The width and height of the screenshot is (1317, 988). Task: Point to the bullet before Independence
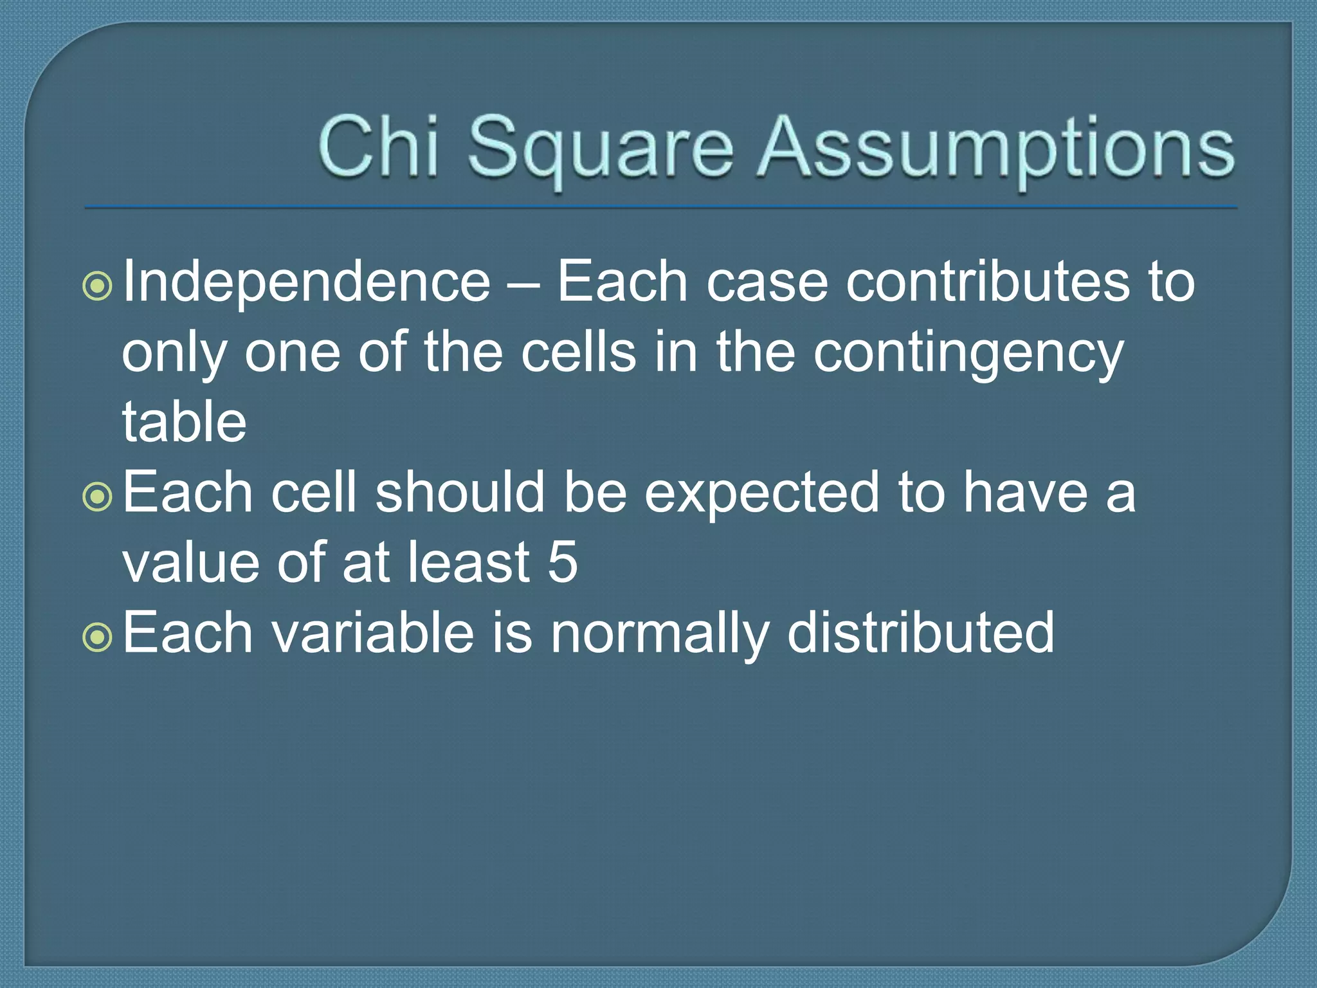tap(98, 286)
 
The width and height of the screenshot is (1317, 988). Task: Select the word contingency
tap(968, 355)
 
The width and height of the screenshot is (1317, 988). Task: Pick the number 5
tap(563, 562)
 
